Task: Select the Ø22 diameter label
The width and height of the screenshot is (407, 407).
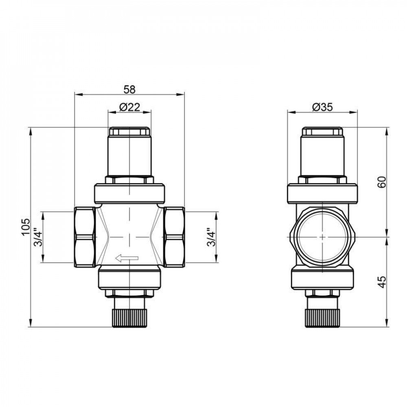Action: pyautogui.click(x=129, y=107)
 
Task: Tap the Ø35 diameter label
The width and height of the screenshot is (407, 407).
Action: pyautogui.click(x=322, y=107)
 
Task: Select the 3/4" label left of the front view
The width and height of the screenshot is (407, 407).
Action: pyautogui.click(x=37, y=237)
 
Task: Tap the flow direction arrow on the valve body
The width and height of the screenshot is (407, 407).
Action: pyautogui.click(x=127, y=257)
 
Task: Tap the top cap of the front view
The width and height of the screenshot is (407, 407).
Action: pyautogui.click(x=129, y=132)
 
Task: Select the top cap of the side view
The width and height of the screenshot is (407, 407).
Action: pyautogui.click(x=322, y=132)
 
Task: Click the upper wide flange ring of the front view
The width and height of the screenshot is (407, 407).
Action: pyautogui.click(x=129, y=193)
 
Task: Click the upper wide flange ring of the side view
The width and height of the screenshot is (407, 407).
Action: pyautogui.click(x=322, y=193)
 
